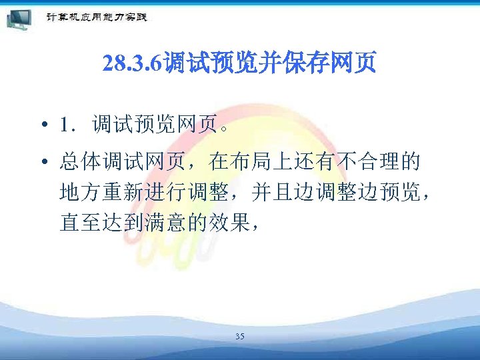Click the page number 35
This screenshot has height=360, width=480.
pos(239,337)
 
